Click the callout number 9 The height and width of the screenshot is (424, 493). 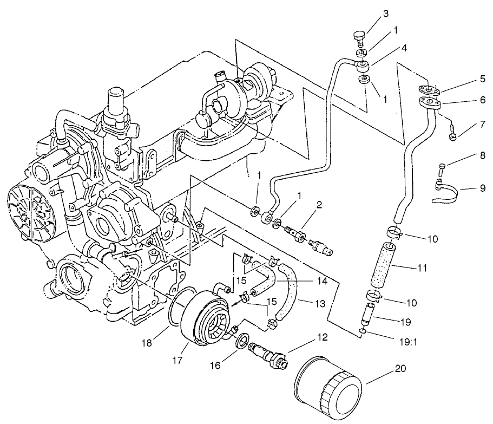coord(482,188)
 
